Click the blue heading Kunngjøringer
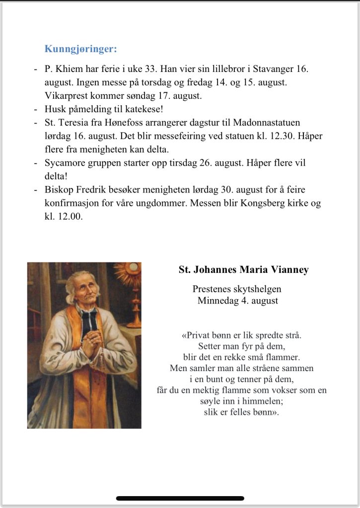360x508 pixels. [81, 49]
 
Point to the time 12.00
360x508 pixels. [70, 216]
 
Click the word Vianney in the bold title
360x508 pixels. [290, 270]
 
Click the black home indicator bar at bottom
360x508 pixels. [180, 498]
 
